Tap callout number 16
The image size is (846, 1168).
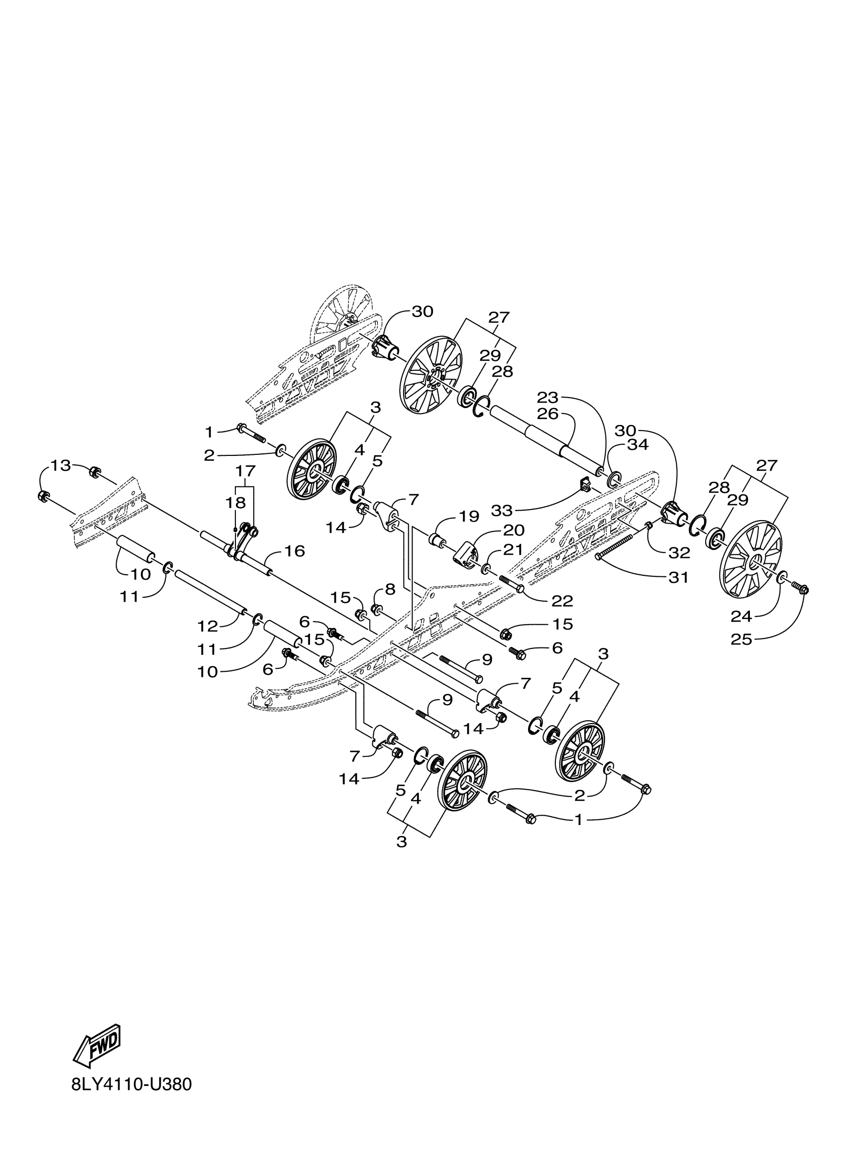coord(295,551)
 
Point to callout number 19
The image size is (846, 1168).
coord(469,517)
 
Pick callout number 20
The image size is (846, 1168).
coord(514,530)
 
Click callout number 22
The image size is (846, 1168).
coord(562,601)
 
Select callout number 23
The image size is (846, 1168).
coord(547,398)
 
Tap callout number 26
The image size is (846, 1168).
coord(547,413)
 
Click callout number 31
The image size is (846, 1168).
coord(678,578)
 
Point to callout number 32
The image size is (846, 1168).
coord(679,553)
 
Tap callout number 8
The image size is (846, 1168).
coord(390,589)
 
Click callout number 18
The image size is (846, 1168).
coord(236,503)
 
